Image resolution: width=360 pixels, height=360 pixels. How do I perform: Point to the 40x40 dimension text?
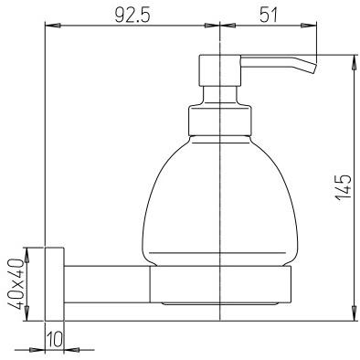16,283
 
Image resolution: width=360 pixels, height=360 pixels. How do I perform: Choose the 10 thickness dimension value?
54,340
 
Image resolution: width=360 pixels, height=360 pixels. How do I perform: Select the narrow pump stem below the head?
220,96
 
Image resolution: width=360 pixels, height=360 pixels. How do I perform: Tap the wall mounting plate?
54,283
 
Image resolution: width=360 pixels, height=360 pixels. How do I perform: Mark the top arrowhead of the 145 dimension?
354,58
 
